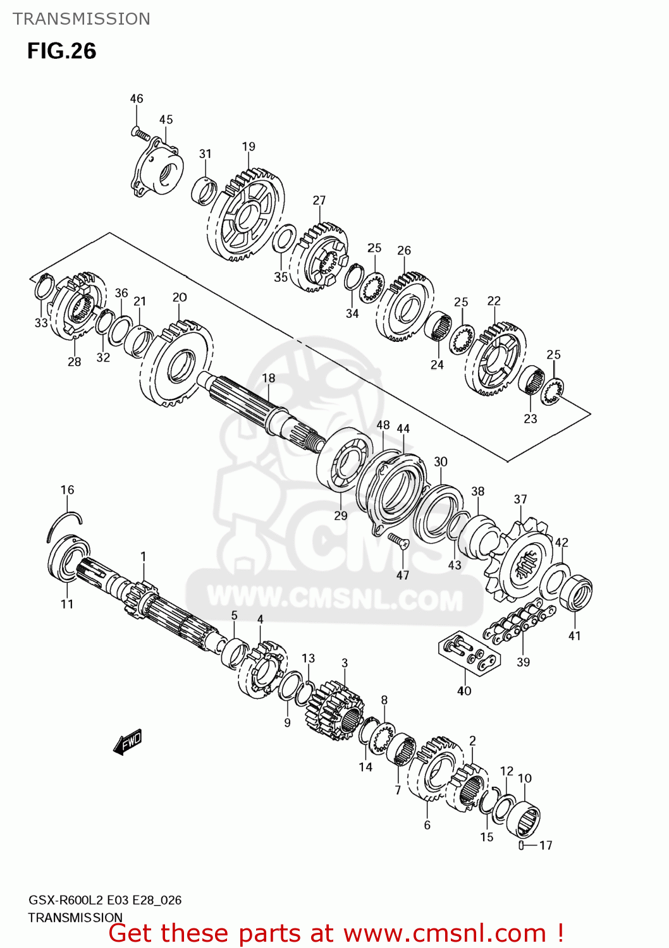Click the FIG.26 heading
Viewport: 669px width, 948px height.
point(61,51)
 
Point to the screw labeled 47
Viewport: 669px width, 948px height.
point(398,540)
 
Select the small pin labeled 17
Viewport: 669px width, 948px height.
point(521,846)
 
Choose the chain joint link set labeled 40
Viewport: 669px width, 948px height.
point(469,653)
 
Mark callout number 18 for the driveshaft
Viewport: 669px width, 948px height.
point(269,378)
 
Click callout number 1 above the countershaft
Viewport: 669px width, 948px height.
point(144,556)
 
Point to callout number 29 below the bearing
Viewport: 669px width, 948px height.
point(341,516)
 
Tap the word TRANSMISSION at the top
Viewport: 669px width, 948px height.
point(82,19)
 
